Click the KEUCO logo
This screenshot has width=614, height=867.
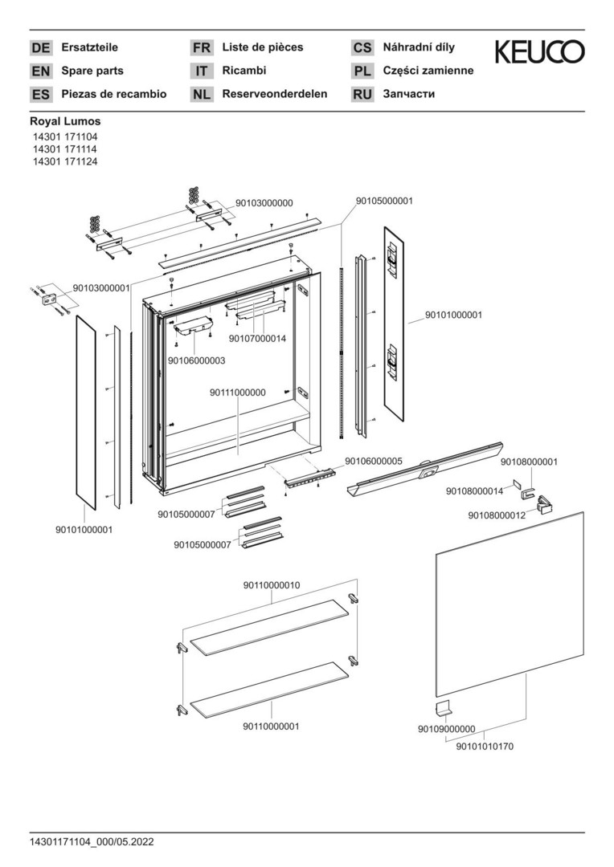(x=539, y=52)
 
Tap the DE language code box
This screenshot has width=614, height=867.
(x=41, y=48)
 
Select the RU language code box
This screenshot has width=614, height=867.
(x=362, y=95)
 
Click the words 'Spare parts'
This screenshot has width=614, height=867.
(x=92, y=71)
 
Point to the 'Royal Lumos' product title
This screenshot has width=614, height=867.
(x=65, y=122)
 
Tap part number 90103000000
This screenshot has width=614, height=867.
(x=264, y=204)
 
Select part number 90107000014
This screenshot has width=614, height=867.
(x=257, y=339)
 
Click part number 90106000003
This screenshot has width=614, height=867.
(x=196, y=361)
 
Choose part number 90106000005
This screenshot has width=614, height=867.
(x=373, y=462)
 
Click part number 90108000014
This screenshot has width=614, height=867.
(x=474, y=491)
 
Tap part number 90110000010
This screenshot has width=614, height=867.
(x=272, y=586)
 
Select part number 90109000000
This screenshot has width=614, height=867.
(x=446, y=729)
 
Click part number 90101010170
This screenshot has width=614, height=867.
(x=485, y=747)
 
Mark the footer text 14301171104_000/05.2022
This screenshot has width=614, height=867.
(x=92, y=842)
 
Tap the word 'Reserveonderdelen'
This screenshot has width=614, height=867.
(x=275, y=94)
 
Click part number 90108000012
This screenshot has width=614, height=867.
(x=497, y=515)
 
